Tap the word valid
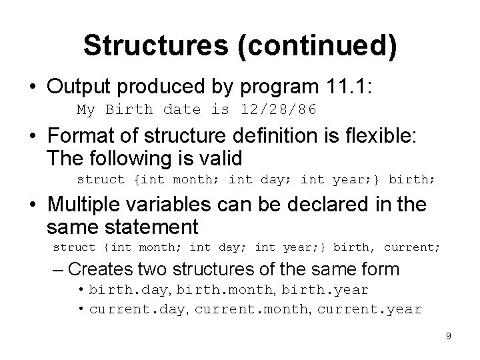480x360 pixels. pyautogui.click(x=217, y=159)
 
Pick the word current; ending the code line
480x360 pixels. pyautogui.click(x=411, y=247)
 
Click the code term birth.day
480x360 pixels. pyautogui.click(x=118, y=291)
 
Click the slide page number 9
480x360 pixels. pyautogui.click(x=449, y=336)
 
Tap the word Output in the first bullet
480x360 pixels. pyautogui.click(x=79, y=87)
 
